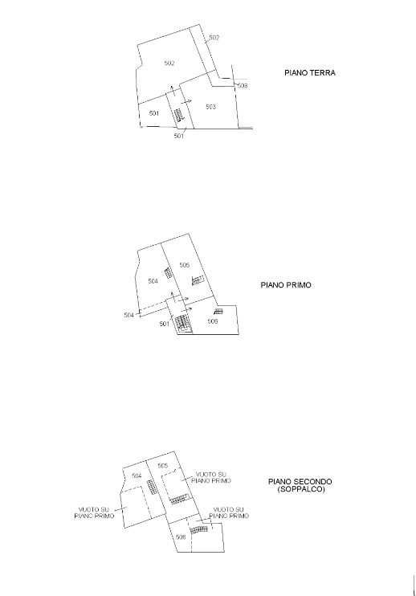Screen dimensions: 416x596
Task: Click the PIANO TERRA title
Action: [310, 73]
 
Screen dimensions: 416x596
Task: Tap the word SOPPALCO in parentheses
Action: [301, 489]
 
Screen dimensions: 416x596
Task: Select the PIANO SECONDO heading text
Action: [300, 482]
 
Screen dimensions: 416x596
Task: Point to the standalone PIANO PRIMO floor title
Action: [286, 285]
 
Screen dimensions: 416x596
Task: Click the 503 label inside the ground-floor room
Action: [210, 107]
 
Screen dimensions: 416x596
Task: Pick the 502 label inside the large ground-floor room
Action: [169, 63]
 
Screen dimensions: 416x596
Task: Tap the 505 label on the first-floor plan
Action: [184, 265]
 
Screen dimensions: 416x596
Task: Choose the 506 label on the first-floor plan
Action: [212, 321]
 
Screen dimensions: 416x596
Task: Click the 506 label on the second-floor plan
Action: [181, 537]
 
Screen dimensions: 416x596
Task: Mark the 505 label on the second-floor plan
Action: [162, 466]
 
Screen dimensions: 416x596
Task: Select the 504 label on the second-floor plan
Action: [137, 476]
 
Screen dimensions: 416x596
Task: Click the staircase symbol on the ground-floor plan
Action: [178, 115]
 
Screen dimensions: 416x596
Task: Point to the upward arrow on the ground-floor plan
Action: [173, 92]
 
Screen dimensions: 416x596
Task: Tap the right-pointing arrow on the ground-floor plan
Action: [186, 102]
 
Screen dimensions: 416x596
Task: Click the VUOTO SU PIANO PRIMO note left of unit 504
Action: [94, 512]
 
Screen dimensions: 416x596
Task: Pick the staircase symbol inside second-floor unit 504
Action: [152, 487]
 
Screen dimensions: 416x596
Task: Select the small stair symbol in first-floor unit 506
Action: [218, 312]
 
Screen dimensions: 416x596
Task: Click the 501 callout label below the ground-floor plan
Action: [178, 136]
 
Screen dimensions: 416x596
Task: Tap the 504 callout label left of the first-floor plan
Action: [128, 315]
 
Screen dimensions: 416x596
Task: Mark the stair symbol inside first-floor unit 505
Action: [198, 280]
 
